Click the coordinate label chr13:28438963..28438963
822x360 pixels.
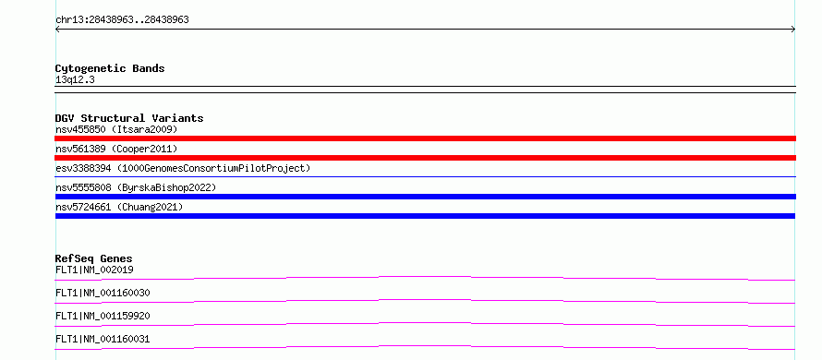click(122, 20)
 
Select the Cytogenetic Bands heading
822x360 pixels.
click(110, 68)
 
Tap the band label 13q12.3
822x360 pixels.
click(75, 80)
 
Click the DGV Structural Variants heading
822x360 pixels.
click(129, 118)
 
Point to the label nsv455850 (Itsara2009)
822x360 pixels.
click(116, 129)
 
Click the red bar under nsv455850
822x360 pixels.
click(425, 138)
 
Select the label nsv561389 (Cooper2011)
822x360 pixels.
click(116, 150)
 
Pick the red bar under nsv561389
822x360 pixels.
click(425, 158)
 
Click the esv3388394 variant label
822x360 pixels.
click(183, 169)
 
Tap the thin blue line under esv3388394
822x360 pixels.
click(425, 177)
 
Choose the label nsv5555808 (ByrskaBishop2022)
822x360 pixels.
click(136, 187)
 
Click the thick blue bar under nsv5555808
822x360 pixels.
click(425, 197)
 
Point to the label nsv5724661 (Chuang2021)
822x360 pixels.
click(119, 208)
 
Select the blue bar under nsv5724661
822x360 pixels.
click(425, 216)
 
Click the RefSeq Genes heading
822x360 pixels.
click(94, 258)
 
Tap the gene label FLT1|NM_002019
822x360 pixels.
click(94, 270)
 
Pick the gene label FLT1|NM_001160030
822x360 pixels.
click(103, 294)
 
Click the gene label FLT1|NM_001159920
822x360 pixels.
click(103, 317)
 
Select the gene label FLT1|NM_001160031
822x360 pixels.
click(103, 340)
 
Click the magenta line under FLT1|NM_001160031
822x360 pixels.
click(425, 346)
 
